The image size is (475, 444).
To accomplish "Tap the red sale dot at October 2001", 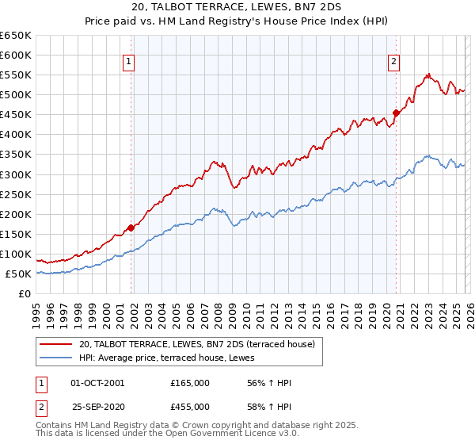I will coord(131,228).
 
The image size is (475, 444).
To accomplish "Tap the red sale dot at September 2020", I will coord(397,113).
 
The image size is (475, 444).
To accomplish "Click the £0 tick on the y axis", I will coord(24,293).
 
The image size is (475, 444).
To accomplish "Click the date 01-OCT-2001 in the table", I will coord(97,383).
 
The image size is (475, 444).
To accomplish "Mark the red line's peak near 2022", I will coord(428,75).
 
